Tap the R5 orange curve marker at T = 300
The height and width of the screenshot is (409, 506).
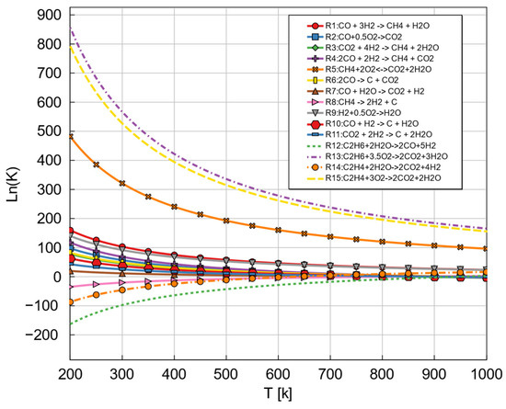123,184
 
